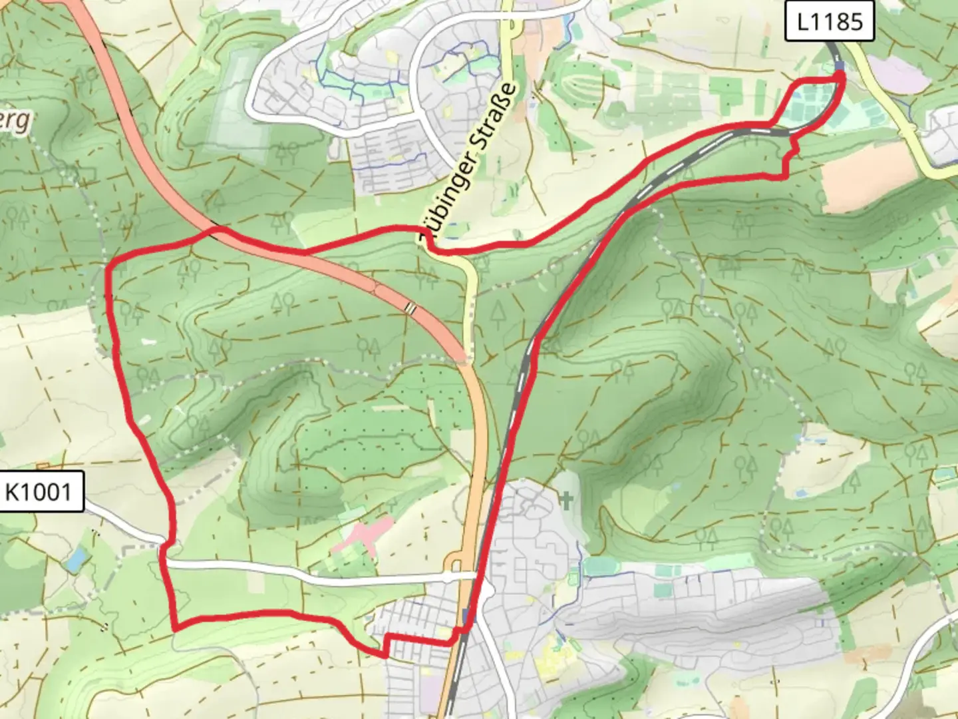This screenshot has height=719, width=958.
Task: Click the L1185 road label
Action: click(828, 22)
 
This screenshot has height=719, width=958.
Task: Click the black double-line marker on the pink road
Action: click(411, 308)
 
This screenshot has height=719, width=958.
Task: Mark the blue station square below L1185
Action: click(839, 65)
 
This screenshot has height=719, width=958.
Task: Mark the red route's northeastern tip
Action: click(842, 77)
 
